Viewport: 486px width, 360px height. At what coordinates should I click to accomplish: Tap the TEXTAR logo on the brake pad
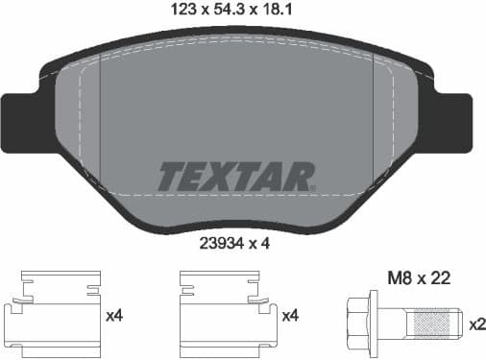click(236, 176)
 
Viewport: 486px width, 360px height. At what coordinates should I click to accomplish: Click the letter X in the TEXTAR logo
click(223, 177)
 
